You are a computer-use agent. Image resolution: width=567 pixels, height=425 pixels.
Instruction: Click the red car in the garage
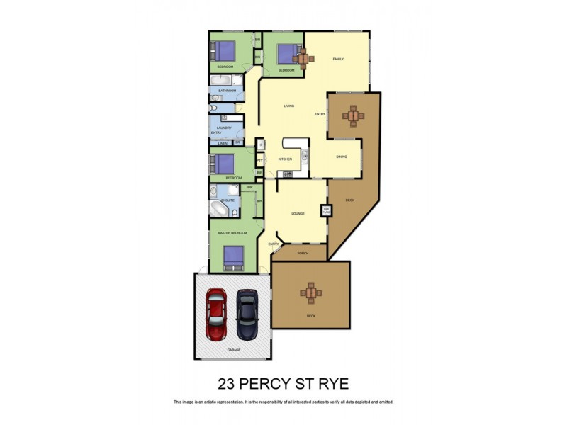point(216,314)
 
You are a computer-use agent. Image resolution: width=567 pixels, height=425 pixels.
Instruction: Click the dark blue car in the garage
point(246,314)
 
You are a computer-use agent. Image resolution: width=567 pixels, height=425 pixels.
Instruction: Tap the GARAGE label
point(234,350)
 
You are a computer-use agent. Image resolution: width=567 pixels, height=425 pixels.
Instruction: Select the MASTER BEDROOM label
point(232,233)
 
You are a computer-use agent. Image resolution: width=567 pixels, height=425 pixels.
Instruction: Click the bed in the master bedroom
point(233,257)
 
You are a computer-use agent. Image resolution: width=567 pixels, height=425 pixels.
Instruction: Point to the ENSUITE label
point(228,200)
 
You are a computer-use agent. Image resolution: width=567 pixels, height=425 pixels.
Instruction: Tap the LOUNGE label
point(298,213)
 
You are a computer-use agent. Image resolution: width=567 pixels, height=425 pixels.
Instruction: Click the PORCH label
point(303,252)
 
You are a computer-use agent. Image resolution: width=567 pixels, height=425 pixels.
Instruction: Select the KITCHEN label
point(285,159)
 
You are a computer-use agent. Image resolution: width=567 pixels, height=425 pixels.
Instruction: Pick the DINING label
point(341,157)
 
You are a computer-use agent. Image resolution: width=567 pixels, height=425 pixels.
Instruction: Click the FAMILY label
point(338,59)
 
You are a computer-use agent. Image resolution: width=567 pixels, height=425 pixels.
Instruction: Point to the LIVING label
point(288,106)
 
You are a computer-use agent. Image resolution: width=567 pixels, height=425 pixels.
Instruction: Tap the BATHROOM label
point(227,91)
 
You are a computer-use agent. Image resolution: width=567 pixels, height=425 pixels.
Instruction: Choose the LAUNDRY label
point(224,127)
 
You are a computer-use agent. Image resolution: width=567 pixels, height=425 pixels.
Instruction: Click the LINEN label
point(222,144)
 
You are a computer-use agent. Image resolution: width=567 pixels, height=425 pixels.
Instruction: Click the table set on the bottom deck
point(311,291)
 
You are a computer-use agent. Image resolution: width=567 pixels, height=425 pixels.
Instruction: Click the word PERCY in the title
point(273,385)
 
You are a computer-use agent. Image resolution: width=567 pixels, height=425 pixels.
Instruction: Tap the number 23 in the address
point(226,385)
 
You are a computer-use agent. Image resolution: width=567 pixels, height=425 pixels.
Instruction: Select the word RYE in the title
point(332,385)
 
